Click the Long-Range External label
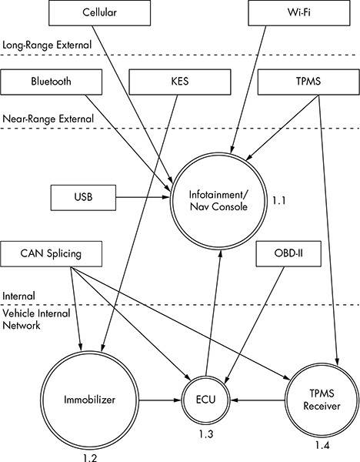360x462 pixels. coord(47,45)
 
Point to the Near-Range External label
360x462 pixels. coord(48,119)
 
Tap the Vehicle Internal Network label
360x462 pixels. coord(36,320)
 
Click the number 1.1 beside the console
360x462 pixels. coord(278,201)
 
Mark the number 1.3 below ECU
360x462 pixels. coord(205,434)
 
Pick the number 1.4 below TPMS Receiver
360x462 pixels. coord(322,445)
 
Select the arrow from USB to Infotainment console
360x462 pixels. coord(143,197)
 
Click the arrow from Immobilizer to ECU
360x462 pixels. coord(160,400)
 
